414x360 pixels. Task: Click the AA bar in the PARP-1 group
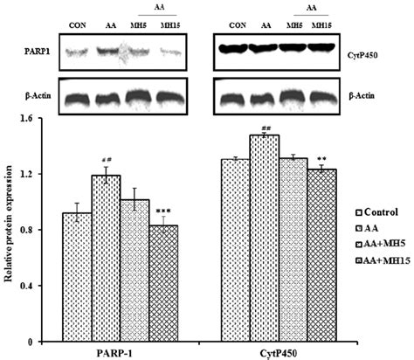pyautogui.click(x=106, y=259)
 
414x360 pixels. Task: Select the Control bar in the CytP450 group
pyautogui.click(x=235, y=251)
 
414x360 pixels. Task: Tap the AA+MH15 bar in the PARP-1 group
pyautogui.click(x=163, y=283)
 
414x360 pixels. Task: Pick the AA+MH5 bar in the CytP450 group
pyautogui.click(x=293, y=250)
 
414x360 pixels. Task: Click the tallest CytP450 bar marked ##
pyautogui.click(x=264, y=239)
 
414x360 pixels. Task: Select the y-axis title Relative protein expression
pyautogui.click(x=9, y=225)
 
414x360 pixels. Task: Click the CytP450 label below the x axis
pyautogui.click(x=278, y=353)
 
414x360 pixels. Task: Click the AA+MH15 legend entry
pyautogui.click(x=383, y=260)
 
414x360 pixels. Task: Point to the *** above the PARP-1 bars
pyautogui.click(x=163, y=211)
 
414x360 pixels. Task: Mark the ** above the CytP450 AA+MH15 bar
pyautogui.click(x=321, y=159)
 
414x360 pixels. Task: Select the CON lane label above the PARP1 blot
pyautogui.click(x=78, y=25)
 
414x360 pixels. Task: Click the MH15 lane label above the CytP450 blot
pyautogui.click(x=321, y=25)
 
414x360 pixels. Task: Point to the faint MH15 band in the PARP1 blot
pyautogui.click(x=171, y=52)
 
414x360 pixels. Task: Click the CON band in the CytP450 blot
pyautogui.click(x=232, y=49)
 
